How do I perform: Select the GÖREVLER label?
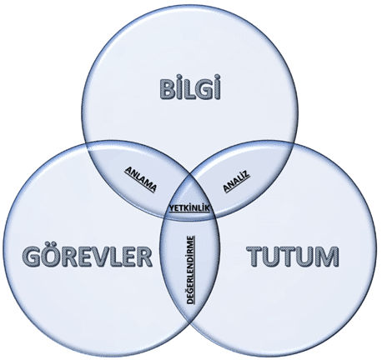pyautogui.click(x=87, y=257)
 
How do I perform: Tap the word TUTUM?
pyautogui.click(x=294, y=257)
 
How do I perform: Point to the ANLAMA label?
pyautogui.click(x=140, y=179)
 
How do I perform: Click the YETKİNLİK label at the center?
pyautogui.click(x=189, y=208)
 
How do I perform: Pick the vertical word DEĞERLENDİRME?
pyautogui.click(x=191, y=270)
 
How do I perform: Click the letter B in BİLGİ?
pyautogui.click(x=168, y=89)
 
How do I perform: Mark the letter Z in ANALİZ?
pyautogui.click(x=247, y=174)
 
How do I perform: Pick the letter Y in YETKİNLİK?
pyautogui.click(x=172, y=207)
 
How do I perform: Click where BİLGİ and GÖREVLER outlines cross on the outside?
pyautogui.click(x=88, y=145)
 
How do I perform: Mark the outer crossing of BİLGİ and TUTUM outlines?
pyautogui.click(x=294, y=143)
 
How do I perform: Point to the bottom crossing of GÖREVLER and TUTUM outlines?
pyautogui.click(x=191, y=322)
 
